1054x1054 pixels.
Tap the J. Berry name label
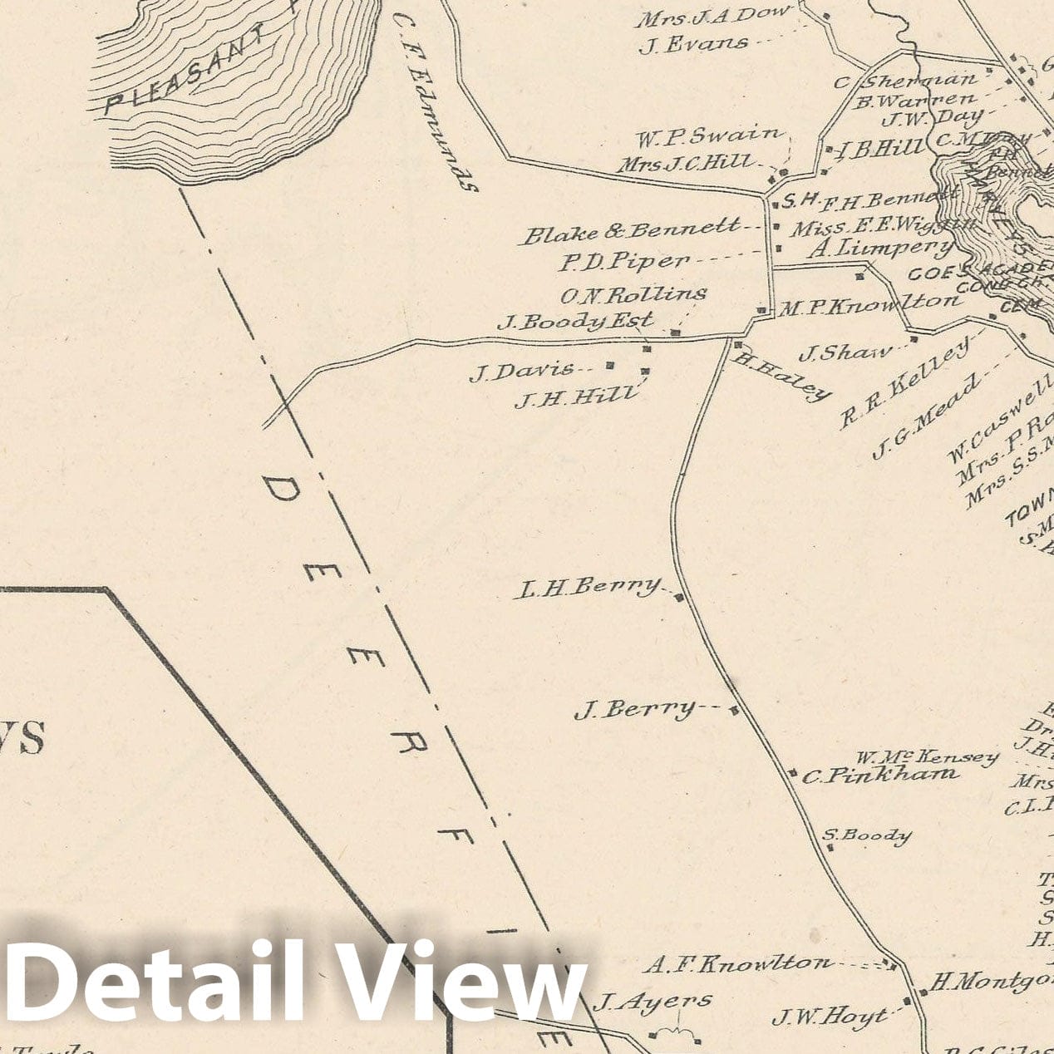[635, 710]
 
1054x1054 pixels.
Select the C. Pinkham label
[879, 776]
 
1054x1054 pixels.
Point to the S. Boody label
[867, 835]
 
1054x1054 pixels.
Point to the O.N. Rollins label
[633, 293]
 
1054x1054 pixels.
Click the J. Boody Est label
[575, 321]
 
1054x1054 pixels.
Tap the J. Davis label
[522, 371]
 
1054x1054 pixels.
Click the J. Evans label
[692, 44]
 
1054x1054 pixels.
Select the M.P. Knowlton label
[868, 305]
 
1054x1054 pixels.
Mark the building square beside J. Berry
[734, 710]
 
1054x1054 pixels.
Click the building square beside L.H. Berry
[679, 598]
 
